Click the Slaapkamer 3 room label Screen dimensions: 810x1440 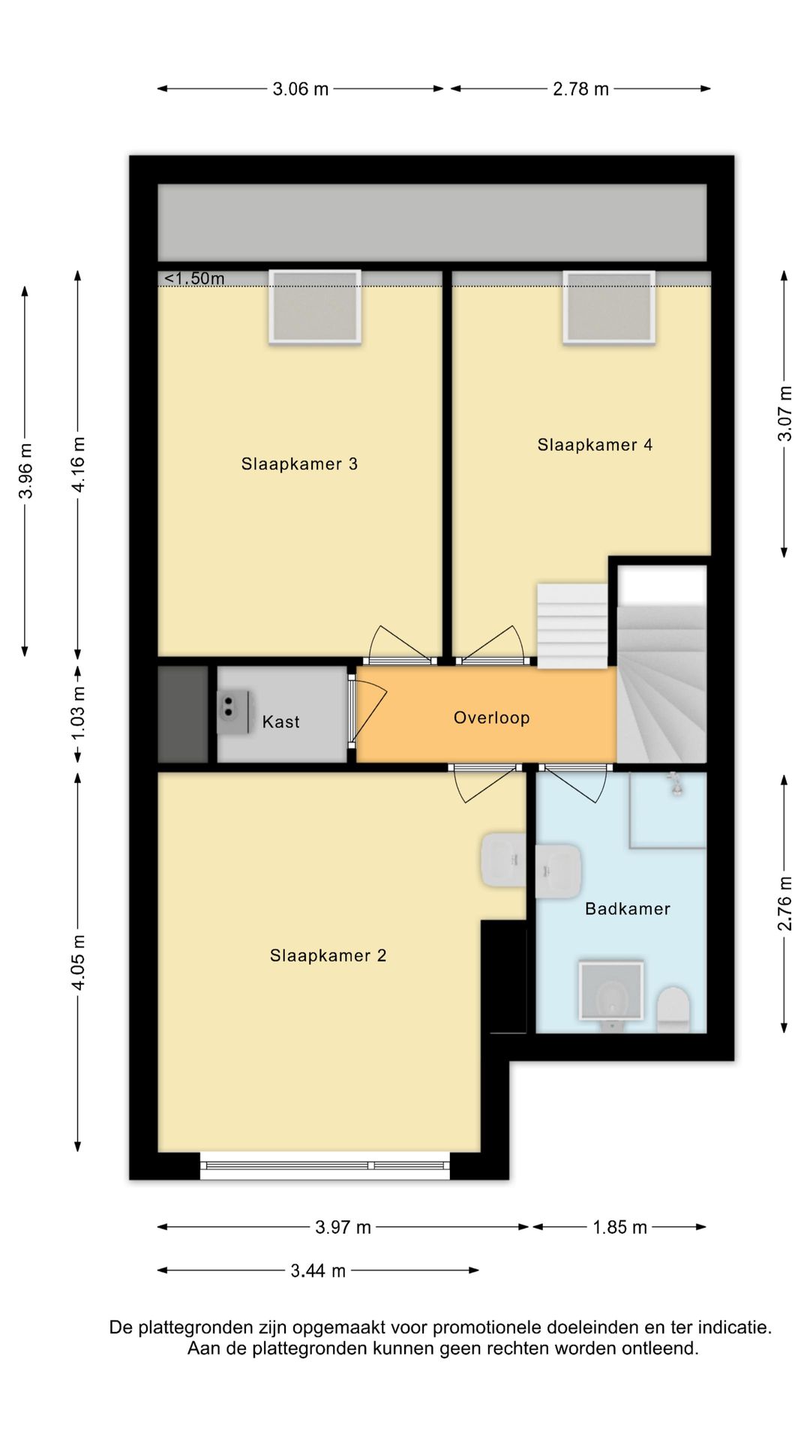click(299, 464)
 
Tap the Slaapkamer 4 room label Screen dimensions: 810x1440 click(595, 445)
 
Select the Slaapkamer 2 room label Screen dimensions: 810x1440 click(328, 955)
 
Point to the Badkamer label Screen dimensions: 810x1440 click(628, 909)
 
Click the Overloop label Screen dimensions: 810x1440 click(492, 718)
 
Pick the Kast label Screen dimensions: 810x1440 click(281, 722)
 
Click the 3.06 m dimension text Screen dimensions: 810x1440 click(301, 89)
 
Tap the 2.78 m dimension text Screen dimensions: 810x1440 click(580, 89)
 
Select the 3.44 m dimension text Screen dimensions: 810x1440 click(318, 1270)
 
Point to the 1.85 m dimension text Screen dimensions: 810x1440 click(619, 1227)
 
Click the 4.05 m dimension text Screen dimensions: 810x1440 click(79, 962)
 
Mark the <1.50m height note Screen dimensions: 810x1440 click(194, 279)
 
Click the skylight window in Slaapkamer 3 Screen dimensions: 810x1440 click(315, 307)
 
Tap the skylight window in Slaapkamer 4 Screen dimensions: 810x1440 click(609, 307)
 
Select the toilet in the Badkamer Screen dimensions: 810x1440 click(673, 1010)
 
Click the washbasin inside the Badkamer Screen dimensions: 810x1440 click(559, 871)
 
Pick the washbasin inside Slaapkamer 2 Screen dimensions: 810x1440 click(503, 859)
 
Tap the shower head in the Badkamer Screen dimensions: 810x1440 click(676, 784)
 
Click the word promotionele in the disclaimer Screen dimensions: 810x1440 click(487, 1327)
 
